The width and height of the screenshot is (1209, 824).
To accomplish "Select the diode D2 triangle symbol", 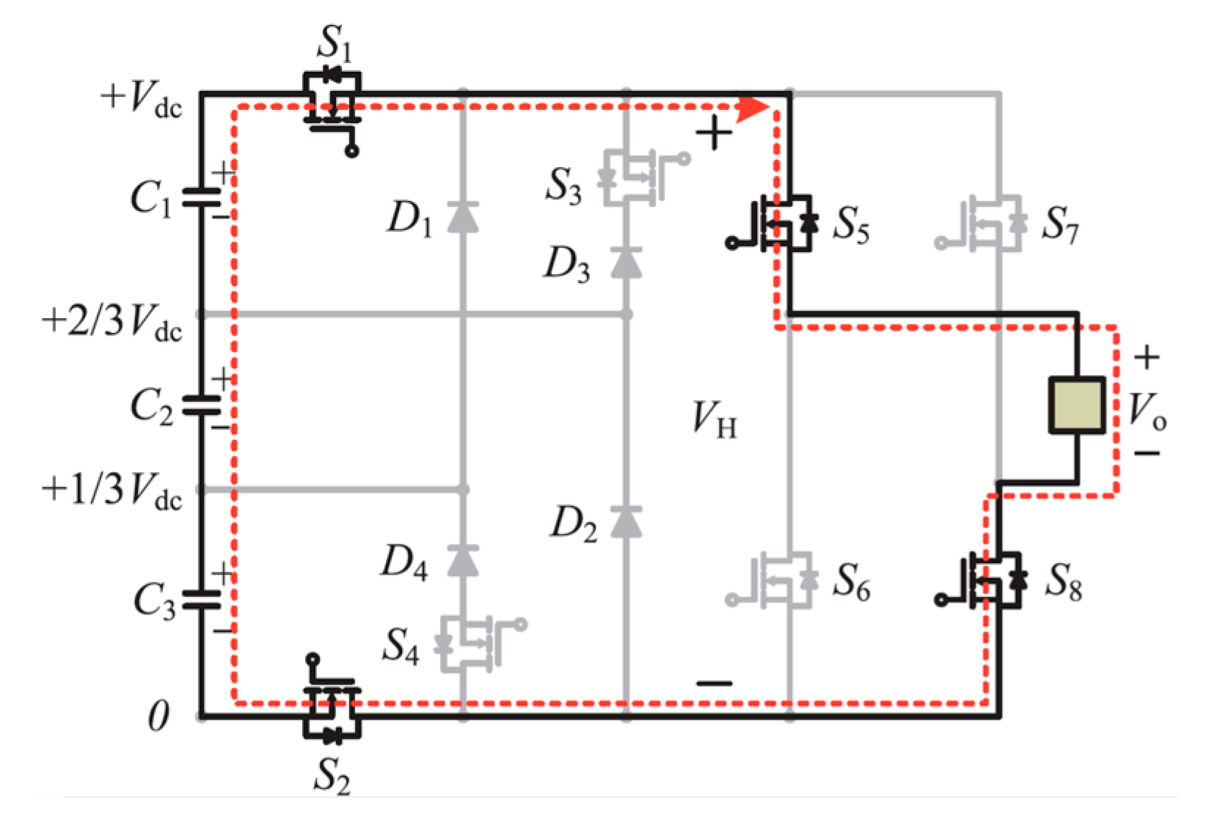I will pyautogui.click(x=626, y=521).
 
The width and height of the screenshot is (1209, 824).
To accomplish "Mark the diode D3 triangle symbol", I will pyautogui.click(x=626, y=262).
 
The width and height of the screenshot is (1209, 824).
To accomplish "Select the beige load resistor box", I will pyautogui.click(x=1076, y=405).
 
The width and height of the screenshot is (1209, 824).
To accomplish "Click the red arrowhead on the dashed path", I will pyautogui.click(x=752, y=108).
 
